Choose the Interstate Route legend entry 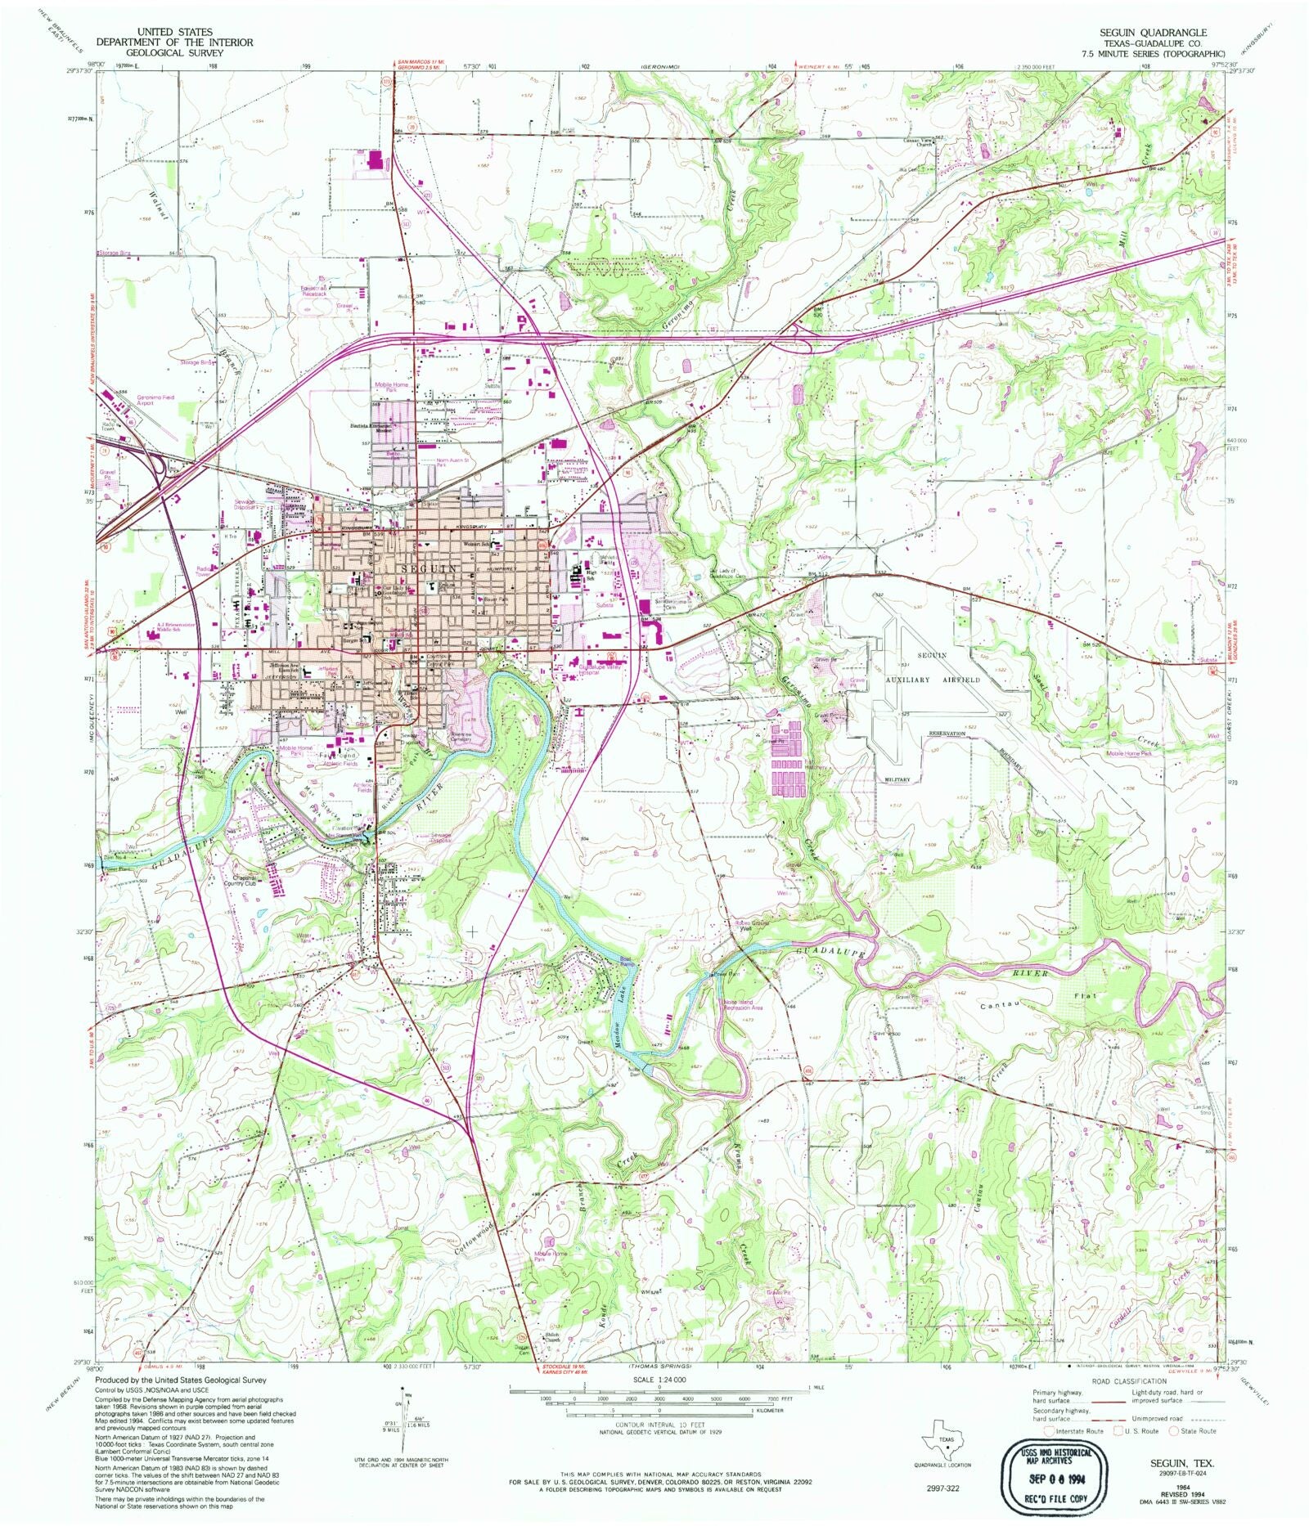[1077, 1431]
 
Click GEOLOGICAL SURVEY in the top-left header [174, 52]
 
